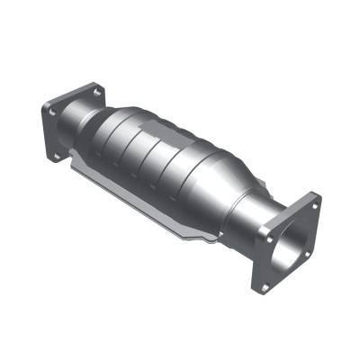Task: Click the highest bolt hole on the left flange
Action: click(x=94, y=91)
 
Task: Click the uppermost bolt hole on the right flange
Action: click(x=314, y=204)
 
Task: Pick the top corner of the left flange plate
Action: click(x=97, y=83)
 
